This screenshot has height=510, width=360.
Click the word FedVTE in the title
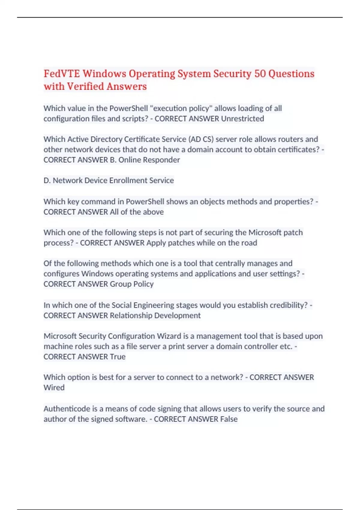click(62, 73)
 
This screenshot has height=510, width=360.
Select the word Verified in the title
click(85, 86)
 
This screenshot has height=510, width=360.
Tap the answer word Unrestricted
click(242, 119)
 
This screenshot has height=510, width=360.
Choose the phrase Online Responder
click(149, 160)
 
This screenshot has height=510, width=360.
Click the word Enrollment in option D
click(128, 180)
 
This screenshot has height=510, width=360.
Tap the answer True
click(118, 357)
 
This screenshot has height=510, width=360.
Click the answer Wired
click(54, 388)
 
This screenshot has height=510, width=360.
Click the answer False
click(229, 419)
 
